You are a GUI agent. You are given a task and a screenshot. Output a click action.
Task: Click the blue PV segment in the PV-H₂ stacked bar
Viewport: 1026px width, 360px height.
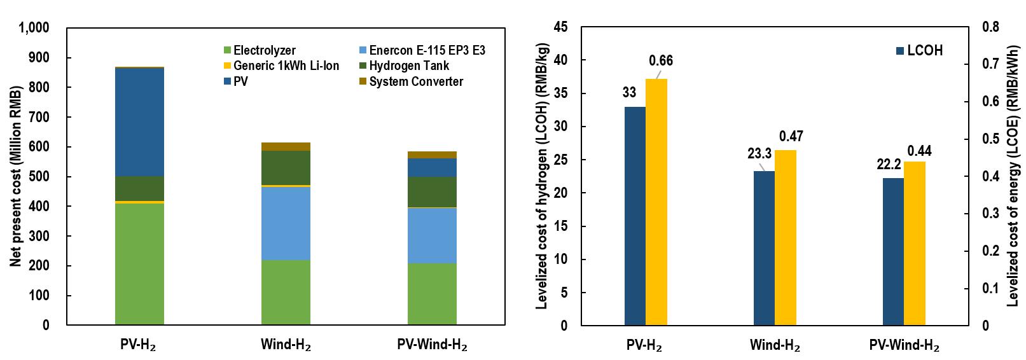[x=139, y=121]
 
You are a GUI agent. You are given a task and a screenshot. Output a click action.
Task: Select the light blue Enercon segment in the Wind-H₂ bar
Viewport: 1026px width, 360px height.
[x=286, y=223]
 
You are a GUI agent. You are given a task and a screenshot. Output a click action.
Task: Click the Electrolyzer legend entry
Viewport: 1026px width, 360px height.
[x=264, y=50]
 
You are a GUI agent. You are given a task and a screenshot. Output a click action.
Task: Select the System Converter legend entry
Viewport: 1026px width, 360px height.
[x=415, y=81]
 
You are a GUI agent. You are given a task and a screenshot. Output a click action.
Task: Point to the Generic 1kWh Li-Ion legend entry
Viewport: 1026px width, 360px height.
[x=286, y=66]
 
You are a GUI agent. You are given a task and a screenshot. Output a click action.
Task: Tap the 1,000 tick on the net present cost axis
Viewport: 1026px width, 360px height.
[x=34, y=28]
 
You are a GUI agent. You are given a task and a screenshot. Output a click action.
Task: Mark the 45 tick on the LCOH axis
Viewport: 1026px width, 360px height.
[x=562, y=27]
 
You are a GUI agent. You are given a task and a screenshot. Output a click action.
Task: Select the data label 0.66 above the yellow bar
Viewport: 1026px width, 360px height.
[x=661, y=61]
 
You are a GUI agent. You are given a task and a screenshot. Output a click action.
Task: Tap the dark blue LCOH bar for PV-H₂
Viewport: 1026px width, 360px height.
[x=635, y=216]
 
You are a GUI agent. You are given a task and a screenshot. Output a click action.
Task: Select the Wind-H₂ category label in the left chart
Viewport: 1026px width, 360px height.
[x=286, y=345]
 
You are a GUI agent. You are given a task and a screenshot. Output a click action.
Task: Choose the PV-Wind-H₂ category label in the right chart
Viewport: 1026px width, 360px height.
[x=904, y=346]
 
